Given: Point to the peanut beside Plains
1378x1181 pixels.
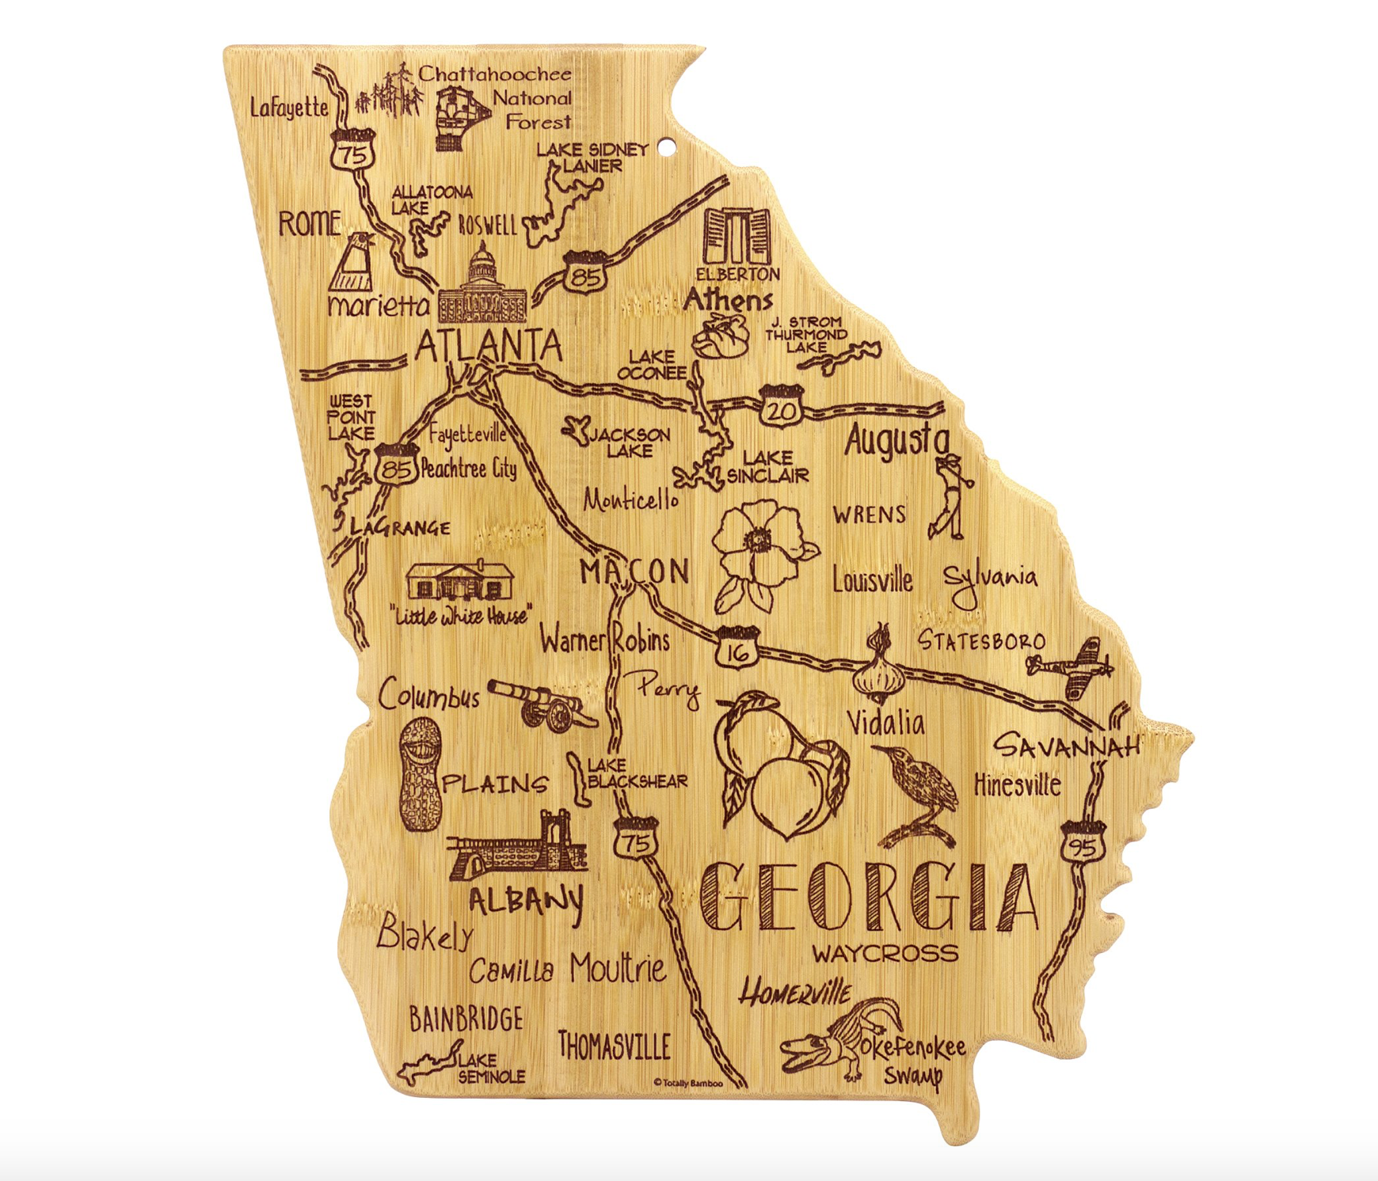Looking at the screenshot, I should [419, 776].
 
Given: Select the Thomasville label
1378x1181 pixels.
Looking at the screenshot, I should [615, 1046].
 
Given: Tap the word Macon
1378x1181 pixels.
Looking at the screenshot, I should [634, 571].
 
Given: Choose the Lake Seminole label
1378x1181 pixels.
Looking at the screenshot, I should [491, 1068].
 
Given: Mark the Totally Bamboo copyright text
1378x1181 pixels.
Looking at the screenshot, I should [687, 1082].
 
